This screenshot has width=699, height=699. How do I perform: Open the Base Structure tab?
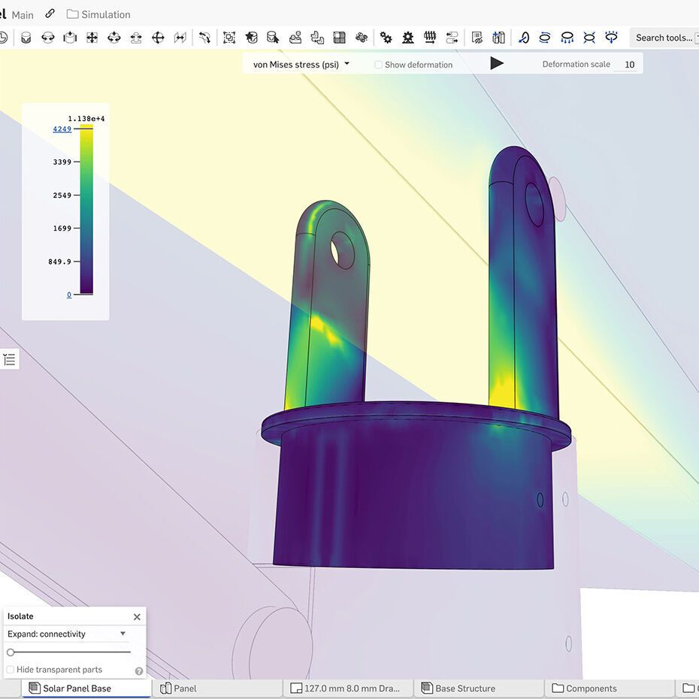tap(464, 688)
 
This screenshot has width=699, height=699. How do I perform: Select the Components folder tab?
tap(591, 688)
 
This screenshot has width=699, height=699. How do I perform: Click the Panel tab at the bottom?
tap(184, 688)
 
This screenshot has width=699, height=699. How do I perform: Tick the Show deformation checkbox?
tap(379, 65)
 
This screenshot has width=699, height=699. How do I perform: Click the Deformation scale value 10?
tap(629, 65)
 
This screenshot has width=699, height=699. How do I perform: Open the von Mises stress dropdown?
tap(301, 65)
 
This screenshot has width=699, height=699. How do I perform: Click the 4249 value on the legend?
tap(62, 129)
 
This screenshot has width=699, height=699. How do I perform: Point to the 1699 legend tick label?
tap(62, 228)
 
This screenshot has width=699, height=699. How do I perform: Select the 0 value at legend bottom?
tap(69, 295)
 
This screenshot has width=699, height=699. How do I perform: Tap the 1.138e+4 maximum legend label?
tap(86, 119)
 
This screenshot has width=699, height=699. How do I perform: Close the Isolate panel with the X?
tap(137, 617)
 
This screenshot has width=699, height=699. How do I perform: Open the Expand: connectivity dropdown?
tap(67, 634)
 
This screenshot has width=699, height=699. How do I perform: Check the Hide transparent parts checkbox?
tap(11, 670)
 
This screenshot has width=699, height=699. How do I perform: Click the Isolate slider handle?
tap(11, 652)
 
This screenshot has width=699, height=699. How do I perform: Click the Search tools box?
tap(663, 38)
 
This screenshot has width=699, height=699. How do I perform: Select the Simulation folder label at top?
tap(105, 14)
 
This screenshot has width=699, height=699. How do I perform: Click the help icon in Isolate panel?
tap(138, 670)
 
